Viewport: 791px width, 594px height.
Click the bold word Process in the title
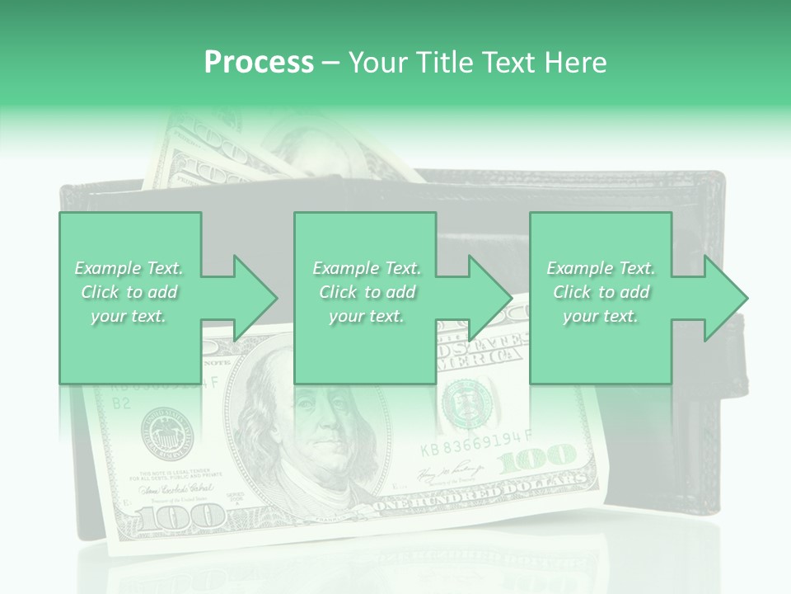[x=259, y=62]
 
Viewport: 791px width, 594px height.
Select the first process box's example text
[x=129, y=292]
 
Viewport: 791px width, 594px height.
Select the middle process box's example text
[x=366, y=292]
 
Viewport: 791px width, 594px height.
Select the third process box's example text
[x=601, y=292]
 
